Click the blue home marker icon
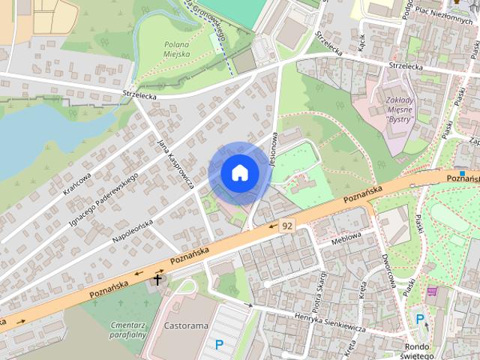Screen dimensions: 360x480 point(239,173)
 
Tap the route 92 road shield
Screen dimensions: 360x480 point(286,225)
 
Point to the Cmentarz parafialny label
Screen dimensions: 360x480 point(126,330)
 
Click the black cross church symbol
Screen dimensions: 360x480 point(157,279)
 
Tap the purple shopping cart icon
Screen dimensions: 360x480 point(433,291)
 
